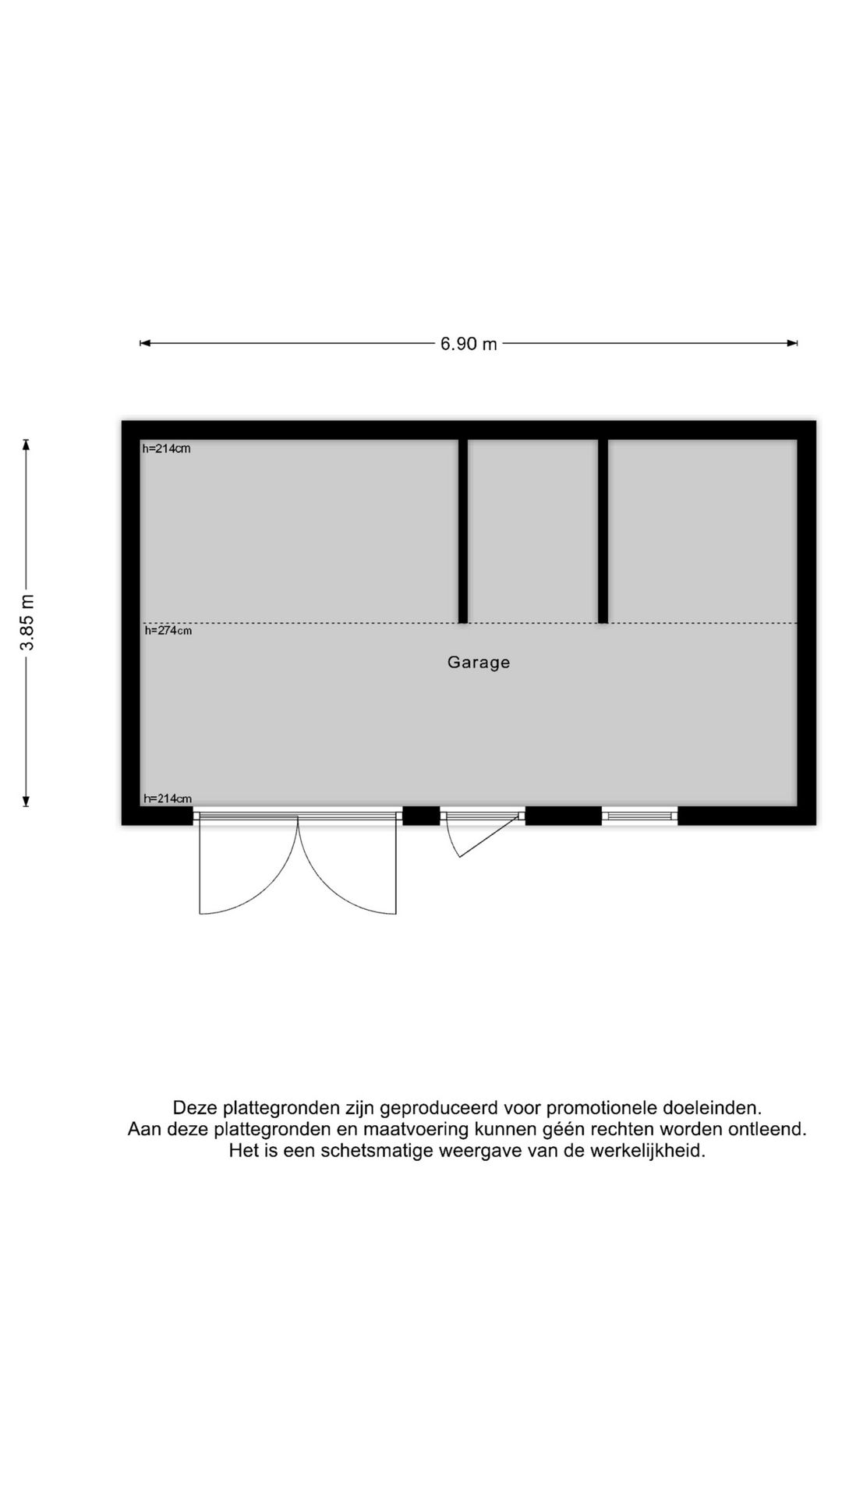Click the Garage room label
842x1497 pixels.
pos(479,663)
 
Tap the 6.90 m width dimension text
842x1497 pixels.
pos(469,344)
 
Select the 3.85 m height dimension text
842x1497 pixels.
pos(27,622)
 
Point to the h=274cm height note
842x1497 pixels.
pos(168,631)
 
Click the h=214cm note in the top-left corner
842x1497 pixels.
pos(166,448)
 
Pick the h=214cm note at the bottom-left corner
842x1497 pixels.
pos(167,798)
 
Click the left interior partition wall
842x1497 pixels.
pos(463,530)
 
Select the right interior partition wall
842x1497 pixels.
pos(603,530)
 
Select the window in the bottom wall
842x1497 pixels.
pos(639,816)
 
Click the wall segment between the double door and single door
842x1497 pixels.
pos(421,816)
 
